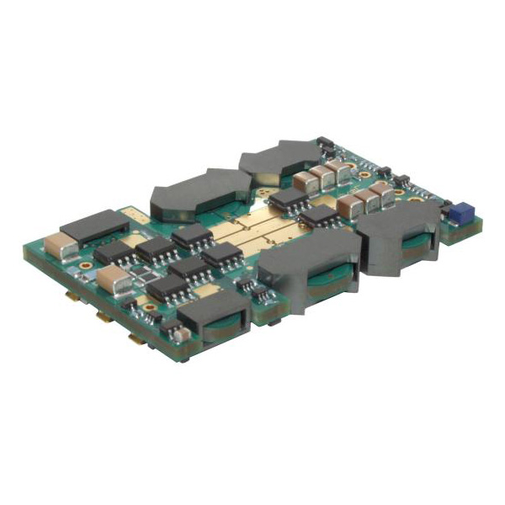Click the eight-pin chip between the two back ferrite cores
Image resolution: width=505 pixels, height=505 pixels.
[289, 199]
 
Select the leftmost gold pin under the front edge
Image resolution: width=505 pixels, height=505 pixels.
[72, 295]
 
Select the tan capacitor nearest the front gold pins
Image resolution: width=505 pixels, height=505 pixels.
[112, 279]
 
